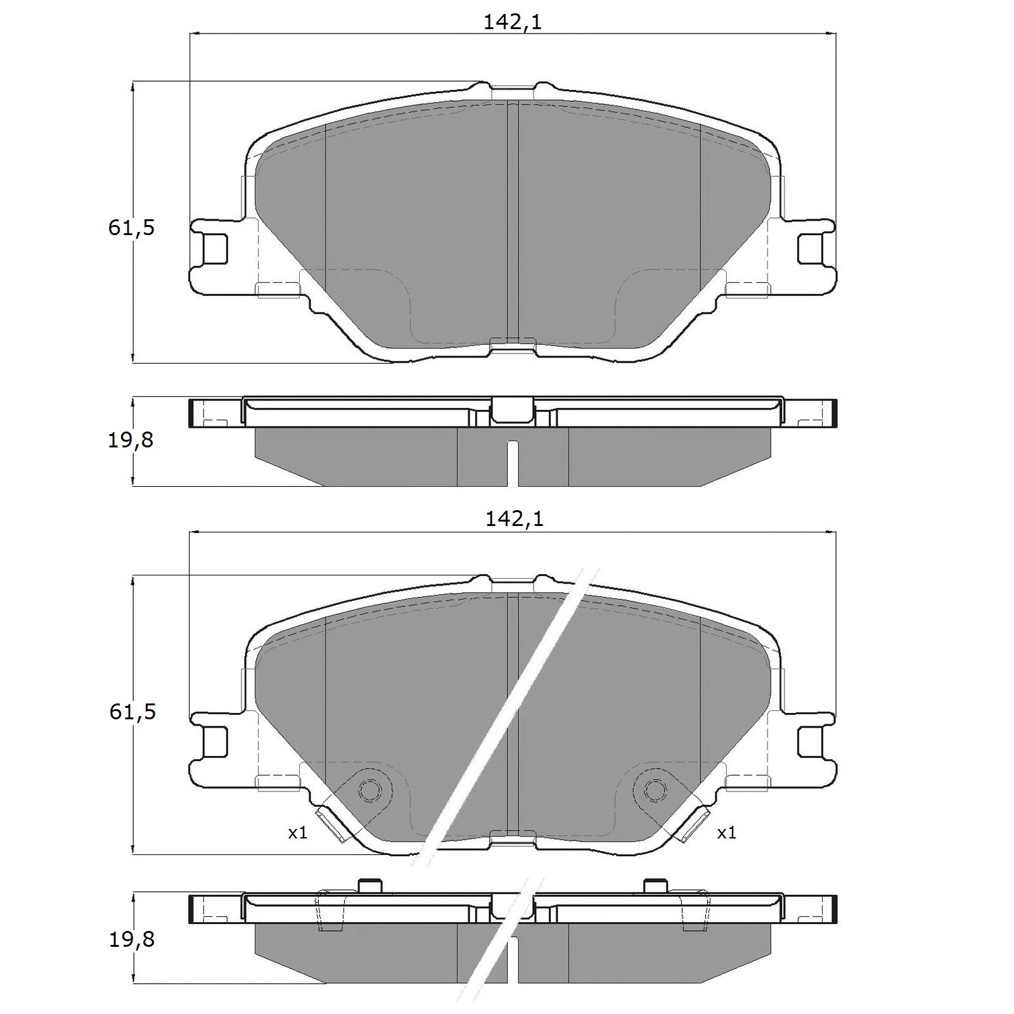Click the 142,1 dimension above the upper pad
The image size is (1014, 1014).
(513, 22)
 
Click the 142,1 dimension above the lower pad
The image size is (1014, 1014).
(514, 519)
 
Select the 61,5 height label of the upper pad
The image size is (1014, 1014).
(131, 228)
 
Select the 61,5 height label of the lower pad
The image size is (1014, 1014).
(132, 712)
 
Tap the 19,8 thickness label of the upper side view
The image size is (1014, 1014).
(131, 439)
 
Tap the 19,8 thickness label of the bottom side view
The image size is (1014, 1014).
(131, 939)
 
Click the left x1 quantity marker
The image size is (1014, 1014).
(297, 832)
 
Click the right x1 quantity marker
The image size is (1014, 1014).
(726, 832)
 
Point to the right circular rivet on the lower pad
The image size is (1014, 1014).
(655, 790)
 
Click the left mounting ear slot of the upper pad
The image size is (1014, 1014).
(214, 248)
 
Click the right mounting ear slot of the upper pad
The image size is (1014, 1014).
(811, 248)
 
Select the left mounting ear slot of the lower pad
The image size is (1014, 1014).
(214, 741)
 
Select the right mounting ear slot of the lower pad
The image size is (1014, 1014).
(811, 741)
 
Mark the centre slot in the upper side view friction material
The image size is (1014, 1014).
(513, 463)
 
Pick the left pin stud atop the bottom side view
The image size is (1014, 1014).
(369, 885)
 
